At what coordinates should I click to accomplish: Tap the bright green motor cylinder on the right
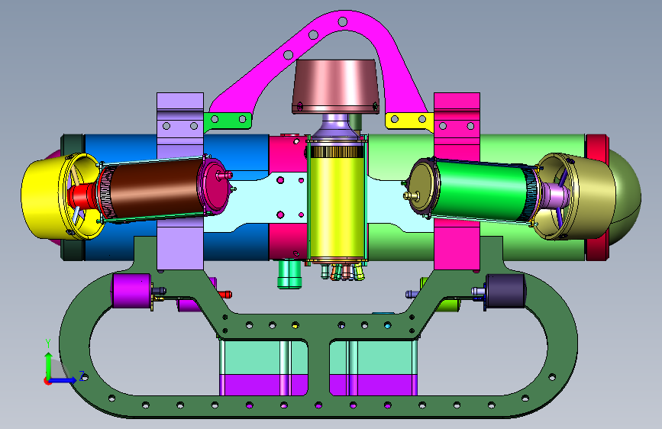(481, 190)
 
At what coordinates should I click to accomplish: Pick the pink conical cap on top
(336, 86)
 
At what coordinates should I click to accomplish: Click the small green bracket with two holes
(228, 121)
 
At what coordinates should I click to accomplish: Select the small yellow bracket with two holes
(409, 120)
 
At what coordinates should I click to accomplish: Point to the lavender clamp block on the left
(180, 182)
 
